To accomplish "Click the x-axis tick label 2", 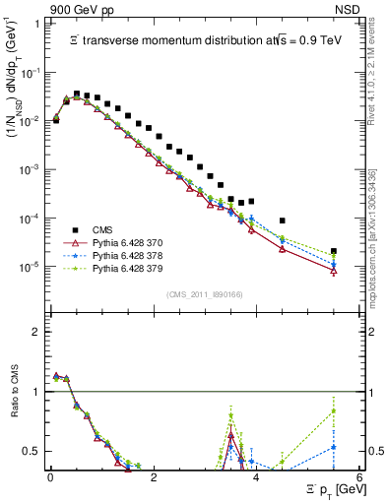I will pos(153,475).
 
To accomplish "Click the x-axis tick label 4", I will pos(256,475).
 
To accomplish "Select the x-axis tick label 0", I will pos(50,475).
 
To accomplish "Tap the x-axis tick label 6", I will pos(358,475).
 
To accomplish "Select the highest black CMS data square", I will pos(77,94).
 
